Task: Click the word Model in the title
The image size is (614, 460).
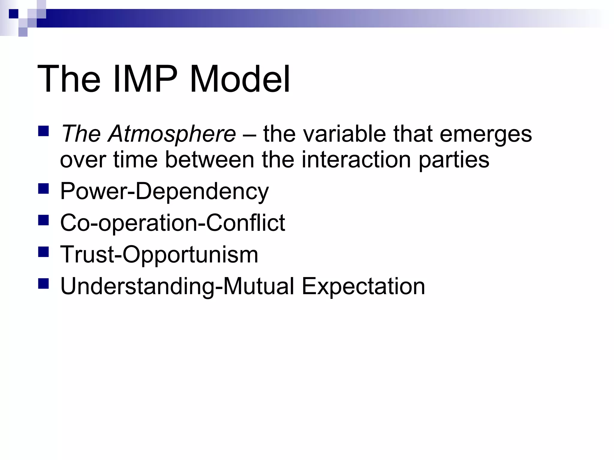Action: (x=240, y=79)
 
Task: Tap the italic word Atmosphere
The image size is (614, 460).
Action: (x=172, y=134)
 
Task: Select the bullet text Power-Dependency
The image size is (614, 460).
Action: (x=164, y=192)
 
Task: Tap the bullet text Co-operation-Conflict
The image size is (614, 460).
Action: (x=172, y=223)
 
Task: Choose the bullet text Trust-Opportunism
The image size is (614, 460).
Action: (x=159, y=255)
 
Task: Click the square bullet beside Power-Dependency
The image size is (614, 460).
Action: (x=43, y=189)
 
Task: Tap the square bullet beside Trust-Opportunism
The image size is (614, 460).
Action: (x=43, y=252)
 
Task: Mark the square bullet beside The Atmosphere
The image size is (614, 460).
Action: (x=43, y=131)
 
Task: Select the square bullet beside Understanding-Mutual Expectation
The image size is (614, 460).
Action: (x=43, y=284)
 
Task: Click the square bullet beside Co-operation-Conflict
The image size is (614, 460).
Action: (x=43, y=220)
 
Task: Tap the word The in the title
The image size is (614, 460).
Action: (x=69, y=79)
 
